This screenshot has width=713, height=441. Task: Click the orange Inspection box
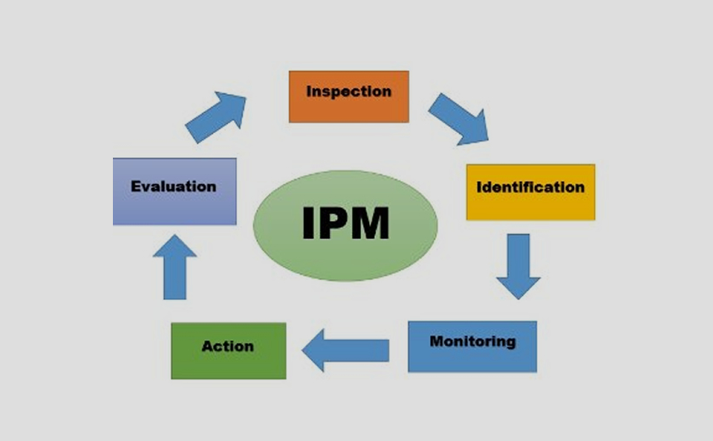(348, 97)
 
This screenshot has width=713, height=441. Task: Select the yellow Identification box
(531, 192)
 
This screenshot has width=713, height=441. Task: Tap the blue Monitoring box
(472, 346)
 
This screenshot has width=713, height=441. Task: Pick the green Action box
(228, 351)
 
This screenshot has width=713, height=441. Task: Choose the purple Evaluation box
(174, 191)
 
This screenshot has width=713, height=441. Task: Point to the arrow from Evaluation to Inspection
(216, 117)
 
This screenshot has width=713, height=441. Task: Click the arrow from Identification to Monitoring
(518, 265)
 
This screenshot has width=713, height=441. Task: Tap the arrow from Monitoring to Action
(345, 351)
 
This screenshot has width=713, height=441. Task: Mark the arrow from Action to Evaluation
(175, 267)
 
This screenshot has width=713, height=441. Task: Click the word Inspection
(348, 91)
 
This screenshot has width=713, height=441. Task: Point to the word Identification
(531, 187)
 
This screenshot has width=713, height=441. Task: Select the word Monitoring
(472, 341)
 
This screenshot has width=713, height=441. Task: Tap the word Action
(228, 347)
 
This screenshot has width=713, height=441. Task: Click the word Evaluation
(173, 186)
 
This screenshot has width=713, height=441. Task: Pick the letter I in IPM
(308, 224)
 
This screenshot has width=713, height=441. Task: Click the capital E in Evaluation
(135, 186)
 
